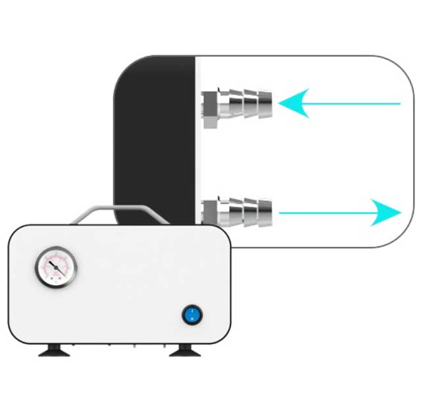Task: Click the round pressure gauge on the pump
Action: click(x=55, y=267)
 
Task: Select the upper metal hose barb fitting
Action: click(x=237, y=103)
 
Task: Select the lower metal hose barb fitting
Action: click(x=237, y=212)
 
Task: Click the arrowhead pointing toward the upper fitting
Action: click(x=293, y=103)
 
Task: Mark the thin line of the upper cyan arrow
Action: click(x=355, y=103)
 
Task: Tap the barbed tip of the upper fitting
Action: click(x=264, y=103)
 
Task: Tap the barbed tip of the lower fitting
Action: click(x=264, y=212)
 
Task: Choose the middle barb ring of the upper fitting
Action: click(x=251, y=103)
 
